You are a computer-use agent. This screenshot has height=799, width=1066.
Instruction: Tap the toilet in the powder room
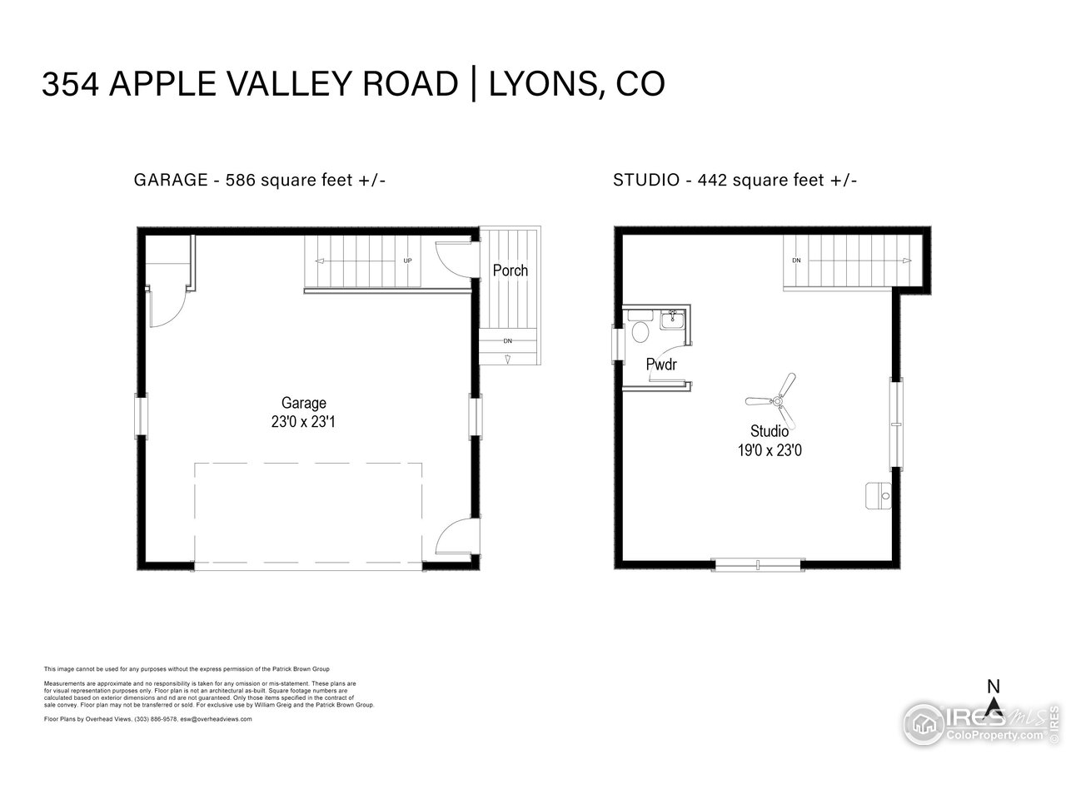(640, 331)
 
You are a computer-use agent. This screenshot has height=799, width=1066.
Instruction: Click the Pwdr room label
(661, 365)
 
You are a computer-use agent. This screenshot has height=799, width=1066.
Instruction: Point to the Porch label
(510, 270)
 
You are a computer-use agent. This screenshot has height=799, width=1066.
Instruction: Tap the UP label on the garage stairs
(407, 261)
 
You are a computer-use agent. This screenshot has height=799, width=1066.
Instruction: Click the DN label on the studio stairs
(796, 261)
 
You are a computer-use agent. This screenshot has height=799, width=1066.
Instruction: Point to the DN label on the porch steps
(507, 341)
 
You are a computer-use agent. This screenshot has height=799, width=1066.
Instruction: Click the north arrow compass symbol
(993, 704)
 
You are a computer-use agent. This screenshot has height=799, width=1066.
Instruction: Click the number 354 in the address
(71, 85)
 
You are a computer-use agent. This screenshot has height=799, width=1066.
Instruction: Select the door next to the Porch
(455, 257)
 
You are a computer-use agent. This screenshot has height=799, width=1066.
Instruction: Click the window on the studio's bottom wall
(758, 566)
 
